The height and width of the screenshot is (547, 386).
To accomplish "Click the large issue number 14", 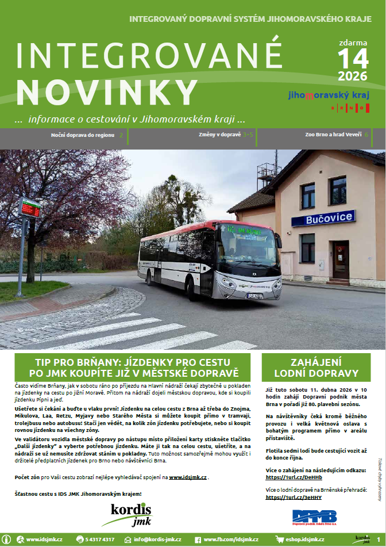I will pos(353,59).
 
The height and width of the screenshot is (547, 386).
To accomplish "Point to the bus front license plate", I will pos(255,296).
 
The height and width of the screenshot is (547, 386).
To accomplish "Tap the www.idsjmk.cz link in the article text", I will pos(187,477).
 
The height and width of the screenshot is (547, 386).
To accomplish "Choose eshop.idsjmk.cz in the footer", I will pos(296,540).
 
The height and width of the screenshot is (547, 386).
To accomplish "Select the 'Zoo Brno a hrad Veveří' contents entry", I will pos(333,135).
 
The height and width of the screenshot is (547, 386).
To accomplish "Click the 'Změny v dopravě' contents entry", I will pos(219,135).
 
